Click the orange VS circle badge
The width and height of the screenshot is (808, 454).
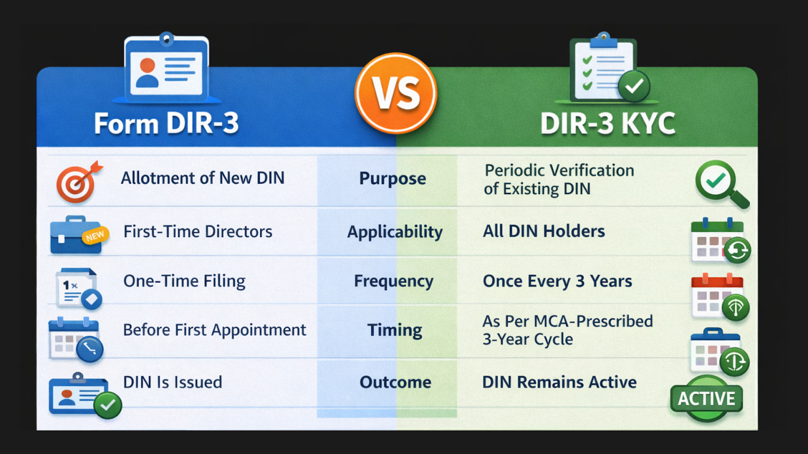[x=396, y=93]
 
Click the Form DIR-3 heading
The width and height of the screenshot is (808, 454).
[x=166, y=124]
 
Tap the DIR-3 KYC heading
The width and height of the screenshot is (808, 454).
[x=608, y=124]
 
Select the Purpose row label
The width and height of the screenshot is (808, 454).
[x=392, y=179]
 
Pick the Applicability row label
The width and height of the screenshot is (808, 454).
[x=394, y=232]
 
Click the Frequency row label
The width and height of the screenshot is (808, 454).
[x=393, y=281]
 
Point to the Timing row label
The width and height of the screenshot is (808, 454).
[x=394, y=330]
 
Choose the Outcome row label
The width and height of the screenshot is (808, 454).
[x=395, y=382]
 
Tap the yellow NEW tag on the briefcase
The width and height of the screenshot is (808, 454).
[x=95, y=236]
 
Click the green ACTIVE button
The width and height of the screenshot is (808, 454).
[x=706, y=399]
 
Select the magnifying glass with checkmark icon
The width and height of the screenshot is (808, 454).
[x=720, y=183]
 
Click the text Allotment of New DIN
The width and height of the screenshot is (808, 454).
[x=203, y=178]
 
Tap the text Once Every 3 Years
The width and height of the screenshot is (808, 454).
[x=557, y=281]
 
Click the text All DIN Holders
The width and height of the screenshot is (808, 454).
[x=543, y=231]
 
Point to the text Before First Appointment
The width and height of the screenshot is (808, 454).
[x=214, y=330]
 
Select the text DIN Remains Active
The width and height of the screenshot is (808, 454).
[x=559, y=382]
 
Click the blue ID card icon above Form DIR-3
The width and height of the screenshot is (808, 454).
[x=167, y=68]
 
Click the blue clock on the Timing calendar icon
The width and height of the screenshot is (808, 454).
[x=90, y=349]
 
